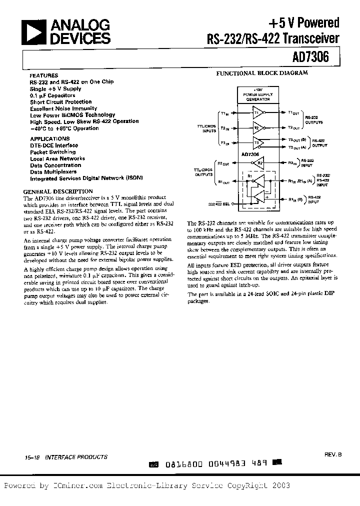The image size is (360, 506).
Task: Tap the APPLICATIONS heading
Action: [x=49, y=138]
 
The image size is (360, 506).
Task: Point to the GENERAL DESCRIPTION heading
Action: [x=58, y=191]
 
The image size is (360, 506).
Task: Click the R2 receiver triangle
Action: [x=258, y=162]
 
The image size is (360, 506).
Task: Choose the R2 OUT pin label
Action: [x=223, y=163]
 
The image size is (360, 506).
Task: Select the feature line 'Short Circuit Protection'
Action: [x=60, y=101]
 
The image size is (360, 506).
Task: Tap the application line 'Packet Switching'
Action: [x=52, y=152]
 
